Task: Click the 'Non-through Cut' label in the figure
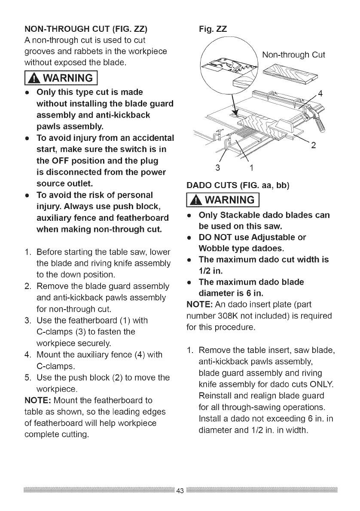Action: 293,55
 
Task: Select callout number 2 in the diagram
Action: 313,145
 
